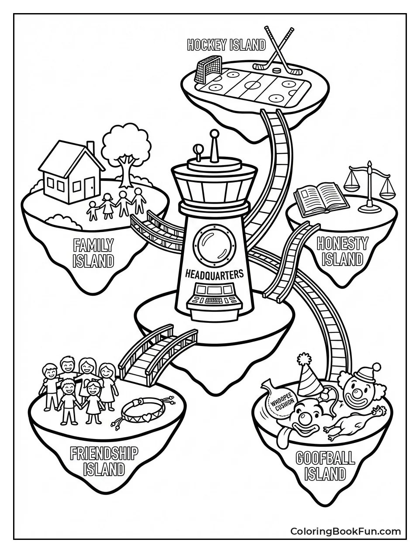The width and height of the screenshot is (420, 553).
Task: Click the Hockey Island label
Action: point(226,45)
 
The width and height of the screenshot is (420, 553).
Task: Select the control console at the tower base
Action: point(214,300)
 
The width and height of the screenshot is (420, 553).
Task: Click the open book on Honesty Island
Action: point(321,200)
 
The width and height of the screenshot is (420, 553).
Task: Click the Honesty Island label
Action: point(342,251)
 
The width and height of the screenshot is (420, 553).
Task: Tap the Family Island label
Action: point(93,253)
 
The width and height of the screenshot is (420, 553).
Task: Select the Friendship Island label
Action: point(104,461)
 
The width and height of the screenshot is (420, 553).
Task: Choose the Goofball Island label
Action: point(325,466)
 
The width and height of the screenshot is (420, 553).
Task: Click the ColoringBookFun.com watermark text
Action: point(345,531)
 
